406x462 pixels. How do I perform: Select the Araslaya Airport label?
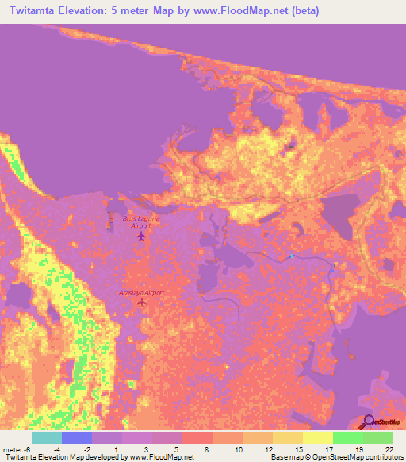[142, 292]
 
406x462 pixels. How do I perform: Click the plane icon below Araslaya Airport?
[143, 306]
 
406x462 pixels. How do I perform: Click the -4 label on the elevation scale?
[56, 449]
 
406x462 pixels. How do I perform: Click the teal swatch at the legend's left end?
[46, 437]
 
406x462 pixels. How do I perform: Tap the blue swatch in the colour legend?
[76, 437]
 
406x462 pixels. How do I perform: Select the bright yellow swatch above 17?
[317, 437]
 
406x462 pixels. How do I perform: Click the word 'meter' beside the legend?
[15, 449]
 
